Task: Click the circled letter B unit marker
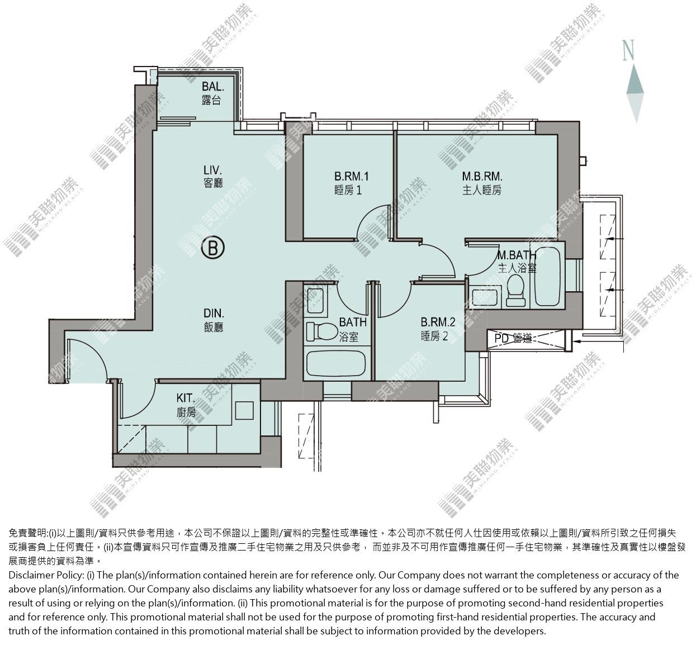coord(213,248)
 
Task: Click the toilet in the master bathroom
coord(516,290)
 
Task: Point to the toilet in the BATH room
coord(321,331)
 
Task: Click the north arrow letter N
coord(629,50)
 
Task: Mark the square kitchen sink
coord(244,410)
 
